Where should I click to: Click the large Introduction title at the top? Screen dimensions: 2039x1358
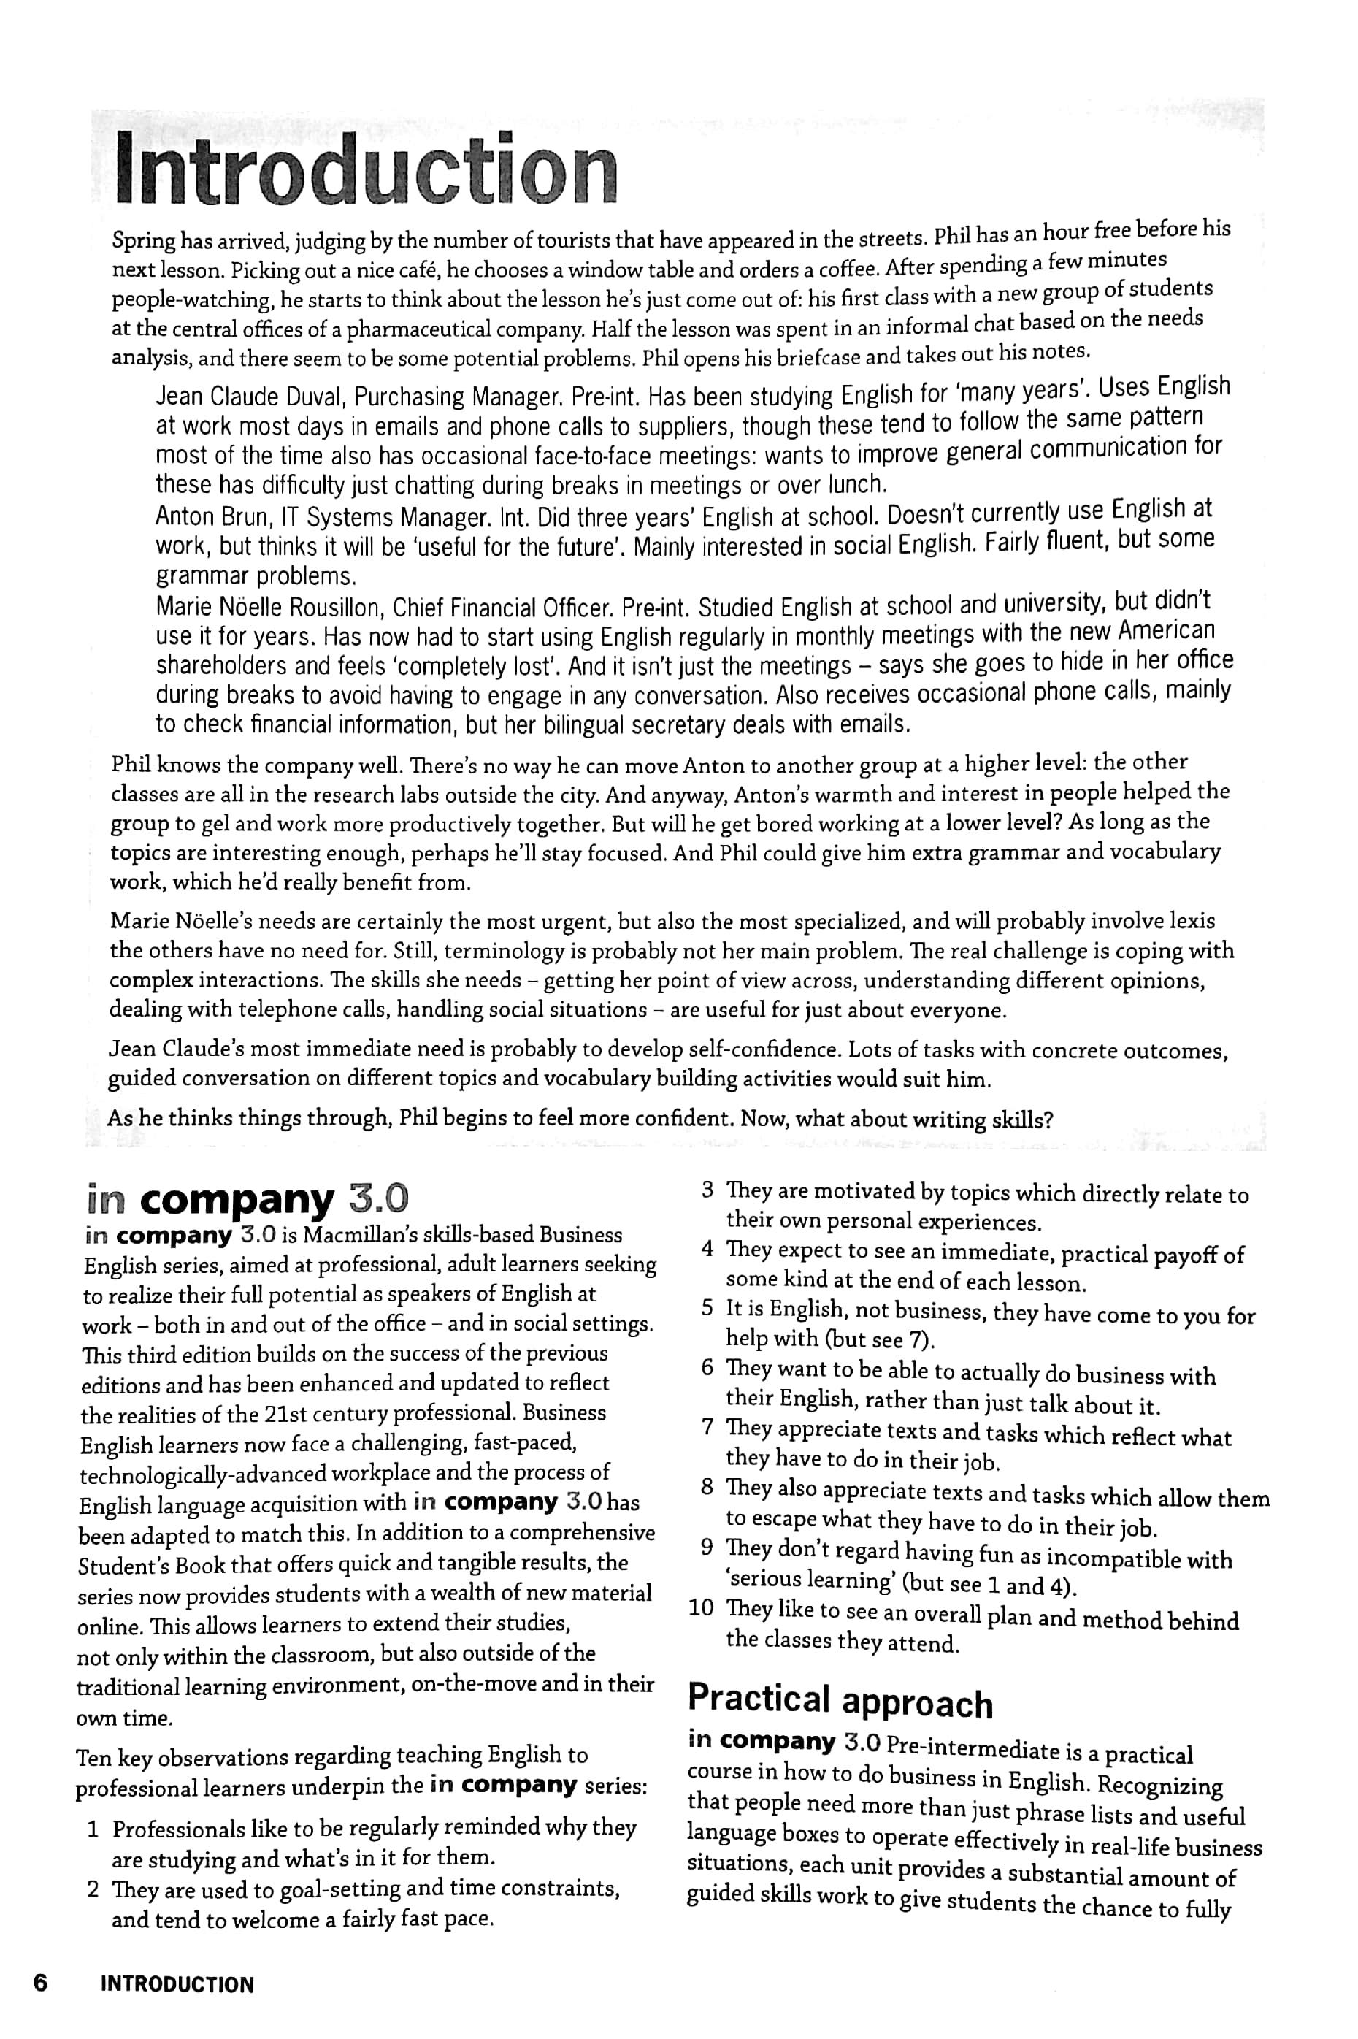coord(367,167)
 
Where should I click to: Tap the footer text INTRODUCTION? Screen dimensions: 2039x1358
coord(177,1984)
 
